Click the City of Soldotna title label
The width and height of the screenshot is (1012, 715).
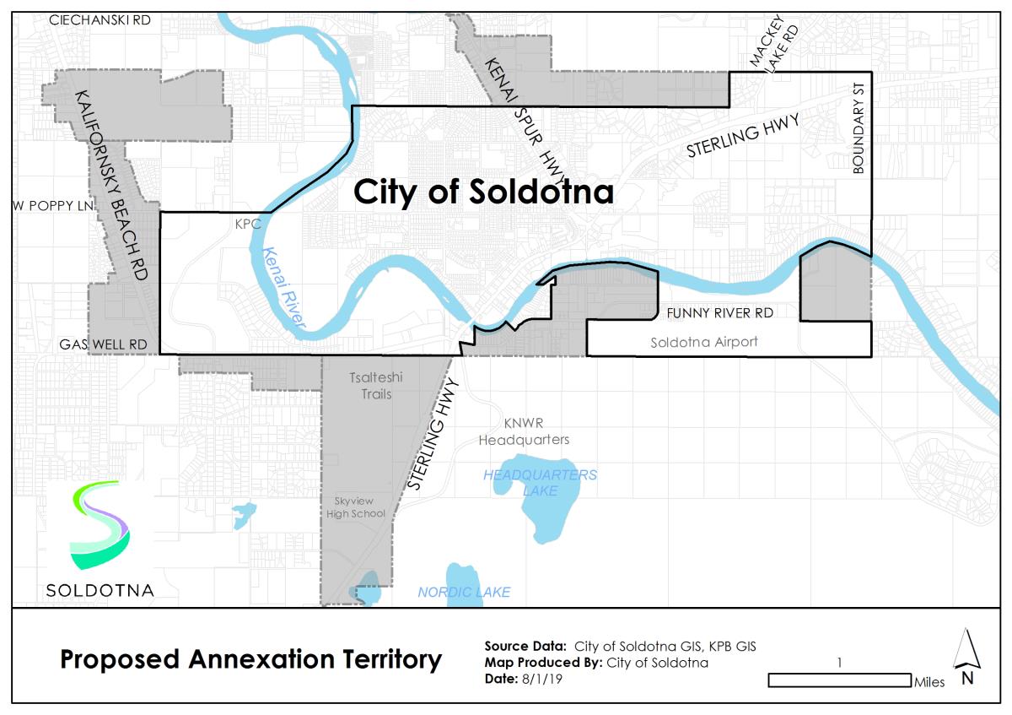(x=483, y=192)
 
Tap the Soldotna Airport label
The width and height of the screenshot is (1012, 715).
(x=704, y=343)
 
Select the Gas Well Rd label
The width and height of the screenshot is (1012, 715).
(x=103, y=345)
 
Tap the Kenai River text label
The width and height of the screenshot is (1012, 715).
(x=283, y=288)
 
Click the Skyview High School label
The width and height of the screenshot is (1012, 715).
(x=358, y=507)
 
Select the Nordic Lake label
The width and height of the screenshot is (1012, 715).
(x=464, y=593)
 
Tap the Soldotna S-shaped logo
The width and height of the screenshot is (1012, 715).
(x=100, y=523)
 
